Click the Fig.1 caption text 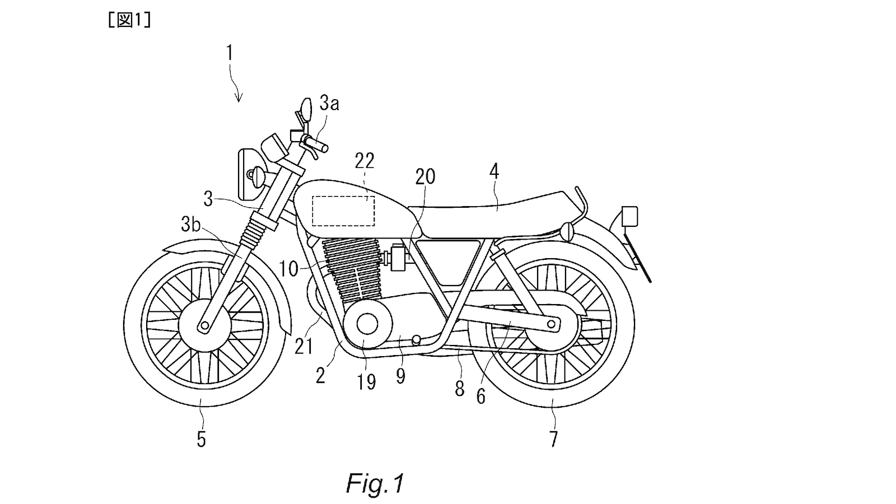[374, 483]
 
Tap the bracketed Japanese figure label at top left [129, 21]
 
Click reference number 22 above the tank [364, 161]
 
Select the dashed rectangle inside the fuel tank [343, 211]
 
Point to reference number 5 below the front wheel [201, 439]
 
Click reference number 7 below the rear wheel [553, 439]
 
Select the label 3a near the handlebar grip [329, 104]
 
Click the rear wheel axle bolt [552, 324]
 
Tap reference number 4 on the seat [493, 172]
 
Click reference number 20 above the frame [424, 177]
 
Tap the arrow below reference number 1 [239, 90]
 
